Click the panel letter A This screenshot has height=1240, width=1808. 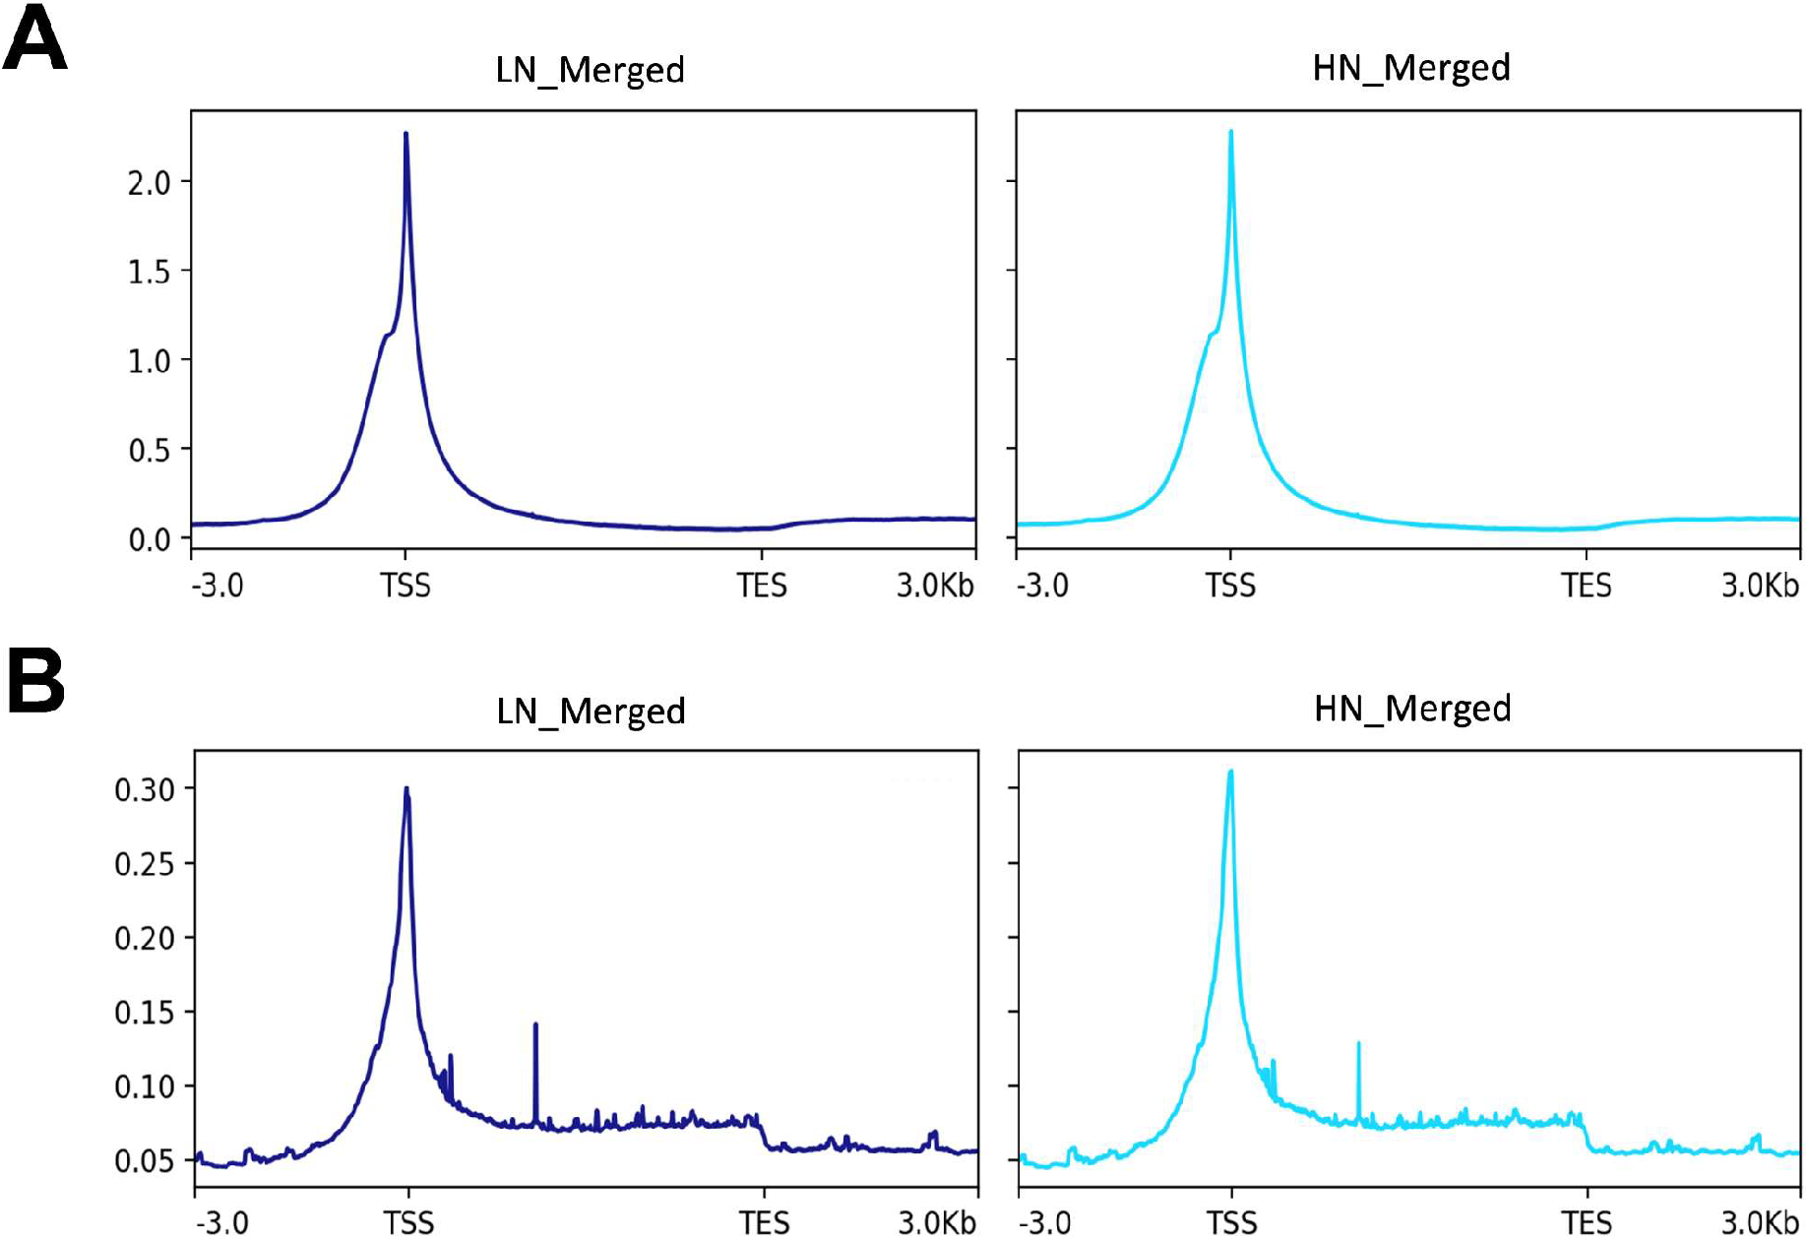[x=35, y=39]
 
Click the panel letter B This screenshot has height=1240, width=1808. [x=35, y=680]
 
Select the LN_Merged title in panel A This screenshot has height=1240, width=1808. [x=590, y=71]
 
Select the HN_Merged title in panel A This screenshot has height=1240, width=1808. [x=1410, y=69]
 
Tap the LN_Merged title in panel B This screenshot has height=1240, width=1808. [x=591, y=712]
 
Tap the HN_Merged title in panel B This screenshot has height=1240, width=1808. [x=1412, y=710]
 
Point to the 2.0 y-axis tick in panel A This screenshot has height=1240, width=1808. [x=149, y=183]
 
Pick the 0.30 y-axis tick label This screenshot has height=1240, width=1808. [x=144, y=790]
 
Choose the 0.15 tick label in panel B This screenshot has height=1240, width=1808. [x=144, y=1013]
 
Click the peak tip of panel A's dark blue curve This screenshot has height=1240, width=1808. [x=405, y=134]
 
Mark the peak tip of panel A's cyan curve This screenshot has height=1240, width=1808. [x=1230, y=132]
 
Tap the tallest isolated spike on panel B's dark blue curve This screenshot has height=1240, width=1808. [x=535, y=1025]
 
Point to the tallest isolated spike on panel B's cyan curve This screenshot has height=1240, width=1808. [x=1358, y=1044]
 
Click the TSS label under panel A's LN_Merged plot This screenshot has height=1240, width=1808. [x=405, y=587]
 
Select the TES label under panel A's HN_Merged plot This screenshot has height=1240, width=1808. [x=1586, y=587]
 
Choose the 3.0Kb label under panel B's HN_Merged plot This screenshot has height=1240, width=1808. [x=1760, y=1222]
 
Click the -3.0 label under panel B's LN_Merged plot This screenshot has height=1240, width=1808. [x=222, y=1223]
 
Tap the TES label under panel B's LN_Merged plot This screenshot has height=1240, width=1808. [x=764, y=1223]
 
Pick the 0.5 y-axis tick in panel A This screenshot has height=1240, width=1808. [x=149, y=451]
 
